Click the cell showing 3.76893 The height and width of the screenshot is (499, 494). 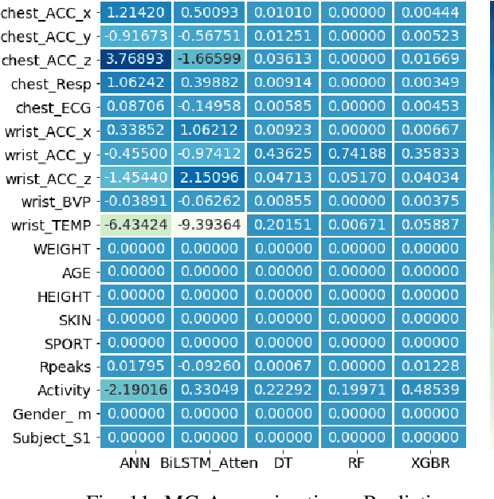click(x=136, y=61)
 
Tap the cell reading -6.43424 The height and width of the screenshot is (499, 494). click(x=136, y=226)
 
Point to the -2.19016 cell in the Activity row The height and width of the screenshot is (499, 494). click(x=136, y=390)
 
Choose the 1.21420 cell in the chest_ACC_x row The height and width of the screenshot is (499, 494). click(x=136, y=14)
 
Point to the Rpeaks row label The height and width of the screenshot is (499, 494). click(x=65, y=367)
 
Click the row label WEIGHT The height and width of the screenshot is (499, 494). click(x=62, y=249)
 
